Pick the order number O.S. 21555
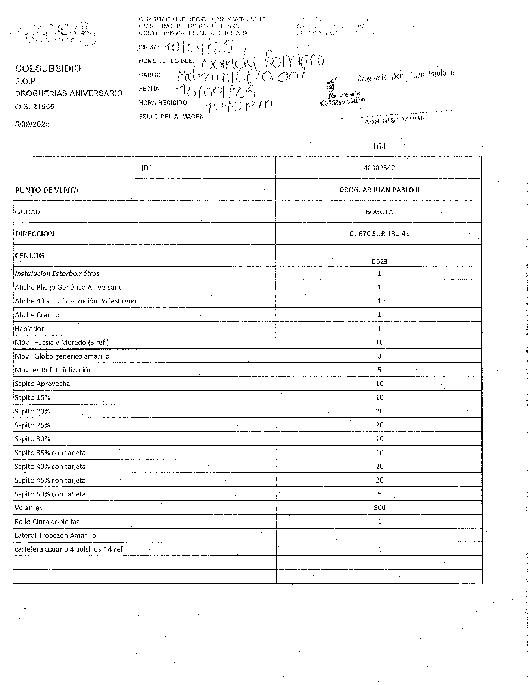coord(35,107)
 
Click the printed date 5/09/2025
coord(32,124)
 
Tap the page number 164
coord(379,147)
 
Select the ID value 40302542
coord(379,168)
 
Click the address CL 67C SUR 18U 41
coord(379,234)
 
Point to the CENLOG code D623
coord(379,261)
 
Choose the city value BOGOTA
coord(379,212)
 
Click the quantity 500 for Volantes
coord(380,508)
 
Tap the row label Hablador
coord(29,329)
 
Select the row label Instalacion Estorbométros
coord(57,273)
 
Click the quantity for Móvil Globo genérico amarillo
coord(380,356)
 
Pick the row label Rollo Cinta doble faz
coord(47,522)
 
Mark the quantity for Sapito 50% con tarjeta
coord(380,494)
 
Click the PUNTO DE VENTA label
coord(47,190)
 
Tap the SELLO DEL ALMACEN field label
coord(171,117)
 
